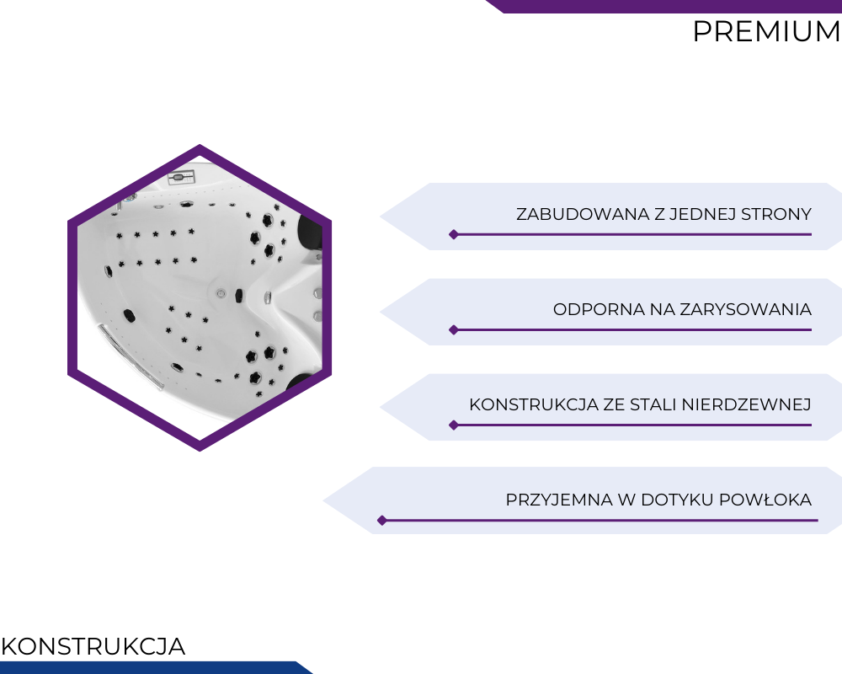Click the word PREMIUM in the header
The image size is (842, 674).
766,31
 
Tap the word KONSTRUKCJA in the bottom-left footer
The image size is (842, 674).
93,646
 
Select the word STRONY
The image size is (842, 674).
776,214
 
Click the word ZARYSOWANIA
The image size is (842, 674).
746,309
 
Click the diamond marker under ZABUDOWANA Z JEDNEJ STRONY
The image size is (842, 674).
454,234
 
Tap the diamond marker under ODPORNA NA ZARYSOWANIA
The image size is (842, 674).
454,329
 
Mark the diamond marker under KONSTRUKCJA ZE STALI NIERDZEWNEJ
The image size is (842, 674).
454,425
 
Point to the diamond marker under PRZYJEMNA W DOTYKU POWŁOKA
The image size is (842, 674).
381,521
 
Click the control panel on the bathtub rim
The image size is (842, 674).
181,177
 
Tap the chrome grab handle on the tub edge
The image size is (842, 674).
130,356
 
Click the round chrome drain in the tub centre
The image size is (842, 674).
221,293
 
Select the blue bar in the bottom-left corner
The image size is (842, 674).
156,667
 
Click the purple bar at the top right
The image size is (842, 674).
663,7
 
